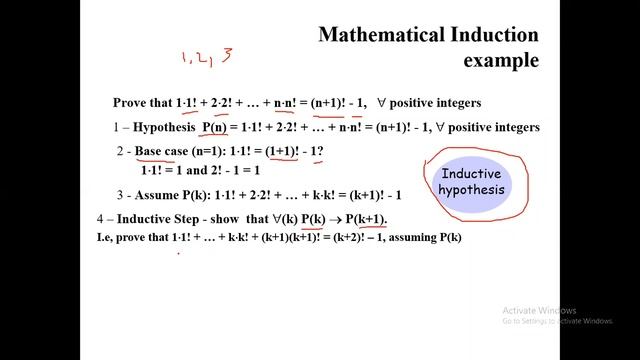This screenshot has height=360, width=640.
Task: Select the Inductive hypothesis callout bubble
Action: point(473,182)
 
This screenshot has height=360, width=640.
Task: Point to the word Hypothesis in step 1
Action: point(161,127)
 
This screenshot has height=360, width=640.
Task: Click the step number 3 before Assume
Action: point(119,194)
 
